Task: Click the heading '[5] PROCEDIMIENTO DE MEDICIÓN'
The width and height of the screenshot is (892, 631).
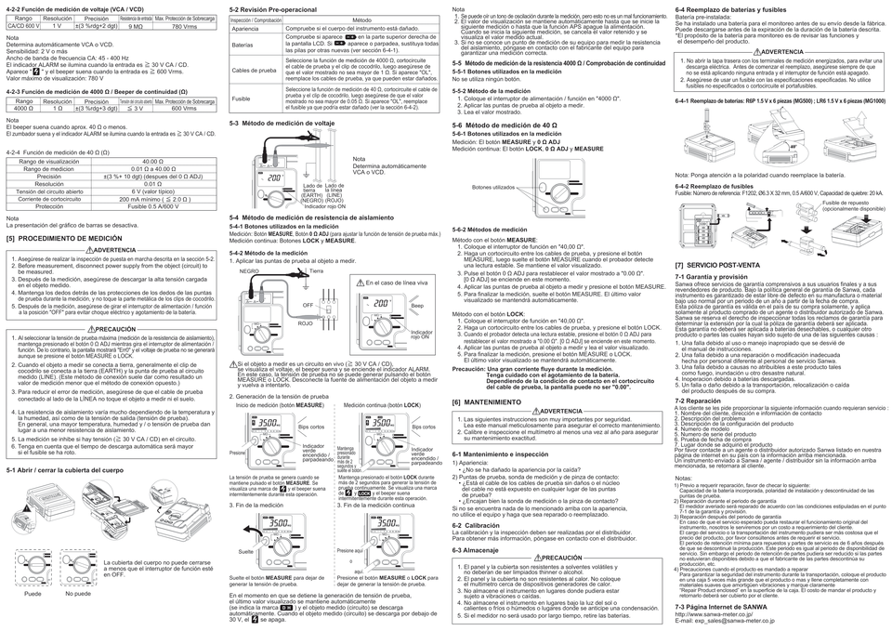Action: [x=63, y=239]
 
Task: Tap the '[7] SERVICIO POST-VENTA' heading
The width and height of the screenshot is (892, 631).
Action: [x=718, y=266]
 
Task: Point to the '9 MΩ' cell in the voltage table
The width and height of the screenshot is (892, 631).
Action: [x=135, y=27]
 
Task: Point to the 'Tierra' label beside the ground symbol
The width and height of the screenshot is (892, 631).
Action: [x=317, y=270]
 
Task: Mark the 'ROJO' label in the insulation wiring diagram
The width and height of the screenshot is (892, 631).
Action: [x=304, y=322]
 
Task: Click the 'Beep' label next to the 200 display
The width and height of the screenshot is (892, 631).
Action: [x=417, y=305]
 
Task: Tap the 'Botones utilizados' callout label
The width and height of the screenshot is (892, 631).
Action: [x=492, y=187]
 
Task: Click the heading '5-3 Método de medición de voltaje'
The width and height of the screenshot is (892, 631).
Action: [x=282, y=124]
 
